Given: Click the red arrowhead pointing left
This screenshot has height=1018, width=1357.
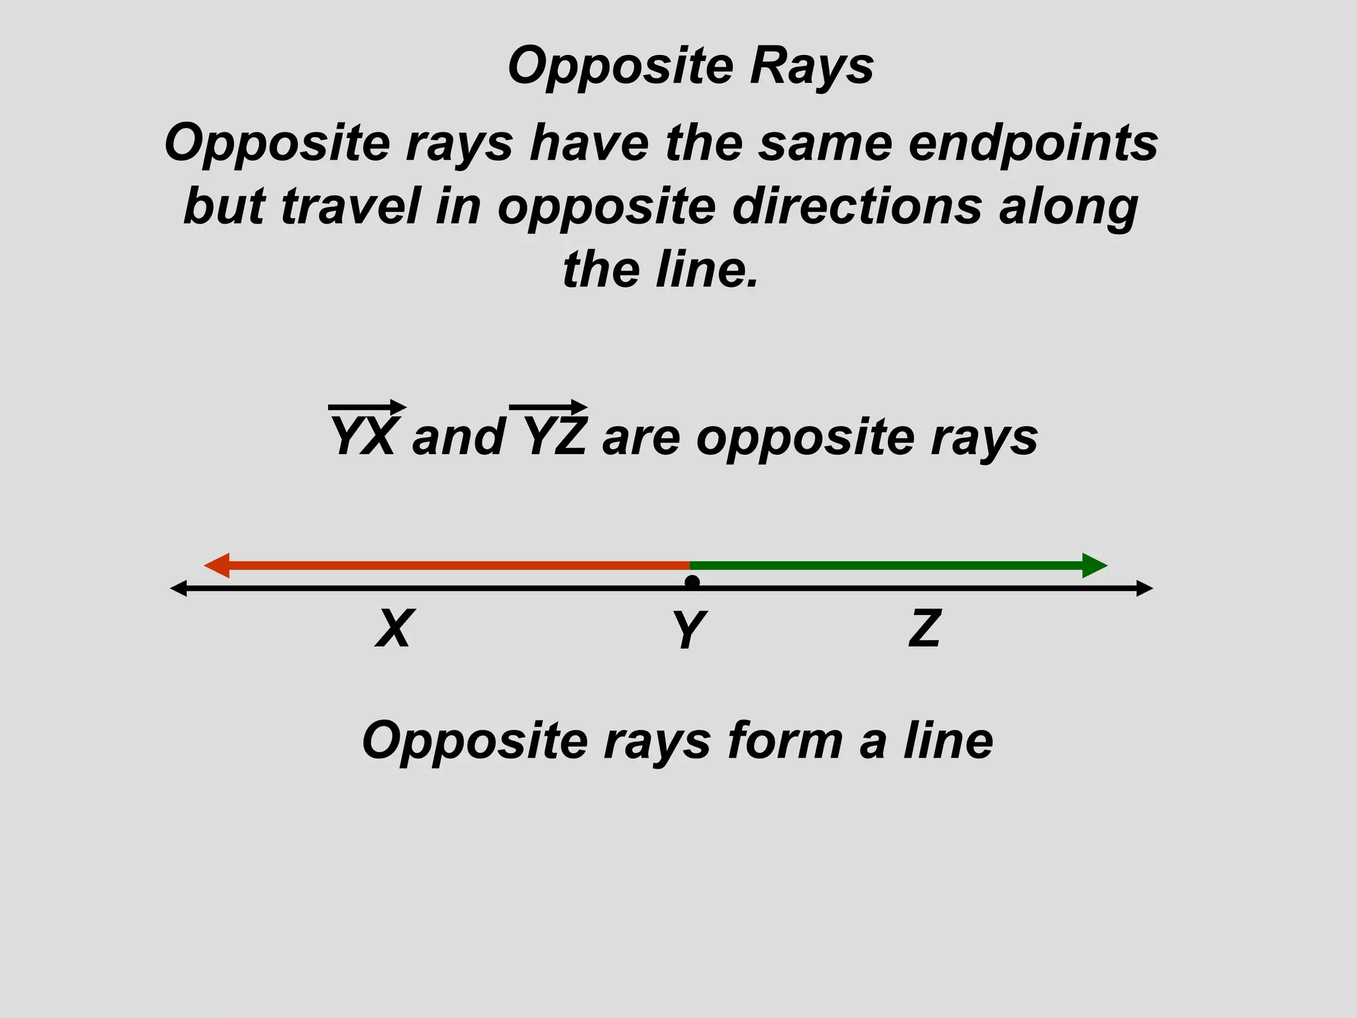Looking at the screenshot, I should click(x=217, y=565).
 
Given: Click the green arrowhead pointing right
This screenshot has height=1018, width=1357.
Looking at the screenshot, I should click(x=1094, y=565).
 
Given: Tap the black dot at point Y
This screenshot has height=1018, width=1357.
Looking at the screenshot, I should click(x=692, y=583).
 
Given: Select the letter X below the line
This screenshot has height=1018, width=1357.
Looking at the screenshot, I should click(x=395, y=628).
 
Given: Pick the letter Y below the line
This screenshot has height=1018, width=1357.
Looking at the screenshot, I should click(x=690, y=630).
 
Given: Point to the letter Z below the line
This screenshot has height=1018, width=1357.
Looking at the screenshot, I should click(x=925, y=628).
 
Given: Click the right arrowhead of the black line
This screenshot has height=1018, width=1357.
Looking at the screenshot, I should click(x=1144, y=588).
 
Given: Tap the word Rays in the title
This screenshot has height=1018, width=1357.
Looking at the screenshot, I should click(x=811, y=66).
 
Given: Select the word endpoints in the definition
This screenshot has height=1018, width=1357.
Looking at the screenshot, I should click(x=1033, y=143).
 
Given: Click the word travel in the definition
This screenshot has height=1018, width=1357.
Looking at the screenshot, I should click(x=351, y=206).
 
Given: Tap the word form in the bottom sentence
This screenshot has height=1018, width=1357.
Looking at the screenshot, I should click(x=785, y=740).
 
